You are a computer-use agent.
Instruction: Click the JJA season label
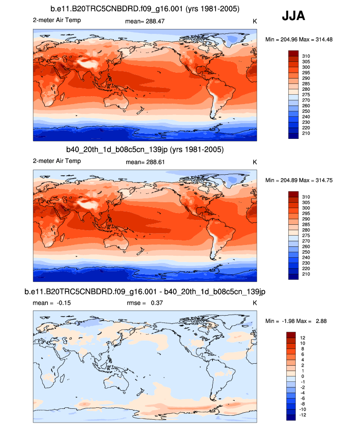click(x=293, y=16)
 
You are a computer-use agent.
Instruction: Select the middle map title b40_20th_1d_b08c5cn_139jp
click(x=145, y=149)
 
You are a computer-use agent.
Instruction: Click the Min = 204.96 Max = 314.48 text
click(x=299, y=39)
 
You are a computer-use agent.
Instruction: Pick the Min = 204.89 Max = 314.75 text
click(x=299, y=181)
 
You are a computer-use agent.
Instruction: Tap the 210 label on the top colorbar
click(x=306, y=134)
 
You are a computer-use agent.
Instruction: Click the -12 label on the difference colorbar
click(x=305, y=415)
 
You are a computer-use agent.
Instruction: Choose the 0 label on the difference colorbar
click(x=303, y=376)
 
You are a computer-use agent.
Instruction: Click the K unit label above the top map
click(x=254, y=21)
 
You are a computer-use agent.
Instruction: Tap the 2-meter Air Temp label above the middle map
click(x=57, y=161)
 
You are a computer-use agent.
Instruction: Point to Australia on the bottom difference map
click(x=117, y=384)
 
